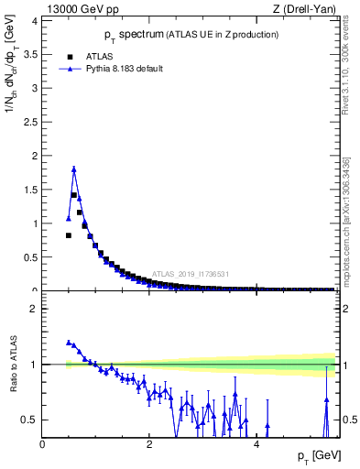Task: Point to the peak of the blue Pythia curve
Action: point(73,169)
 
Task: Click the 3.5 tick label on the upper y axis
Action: point(29,54)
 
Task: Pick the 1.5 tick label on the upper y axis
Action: point(29,190)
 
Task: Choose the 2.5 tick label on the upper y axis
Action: point(29,122)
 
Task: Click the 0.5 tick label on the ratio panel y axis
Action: point(29,420)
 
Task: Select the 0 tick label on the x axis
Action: point(43,443)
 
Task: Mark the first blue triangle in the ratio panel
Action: point(69,342)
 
